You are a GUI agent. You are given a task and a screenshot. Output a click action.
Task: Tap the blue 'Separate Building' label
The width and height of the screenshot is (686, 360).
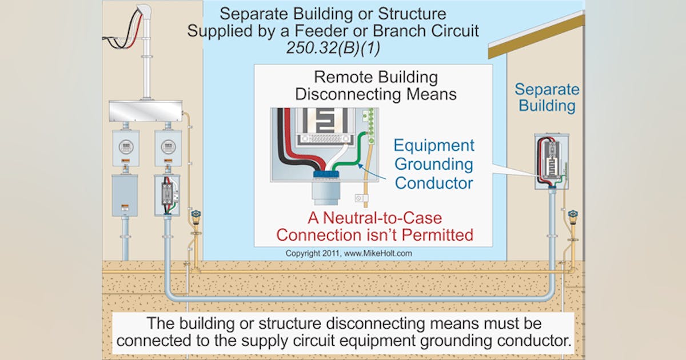(547, 97)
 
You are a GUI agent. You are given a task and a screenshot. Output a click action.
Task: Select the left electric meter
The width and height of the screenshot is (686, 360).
(125, 147)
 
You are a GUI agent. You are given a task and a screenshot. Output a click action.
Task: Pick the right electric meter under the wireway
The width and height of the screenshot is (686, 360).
(167, 147)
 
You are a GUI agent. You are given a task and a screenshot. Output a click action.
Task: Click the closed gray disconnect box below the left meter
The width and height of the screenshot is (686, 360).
(125, 195)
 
